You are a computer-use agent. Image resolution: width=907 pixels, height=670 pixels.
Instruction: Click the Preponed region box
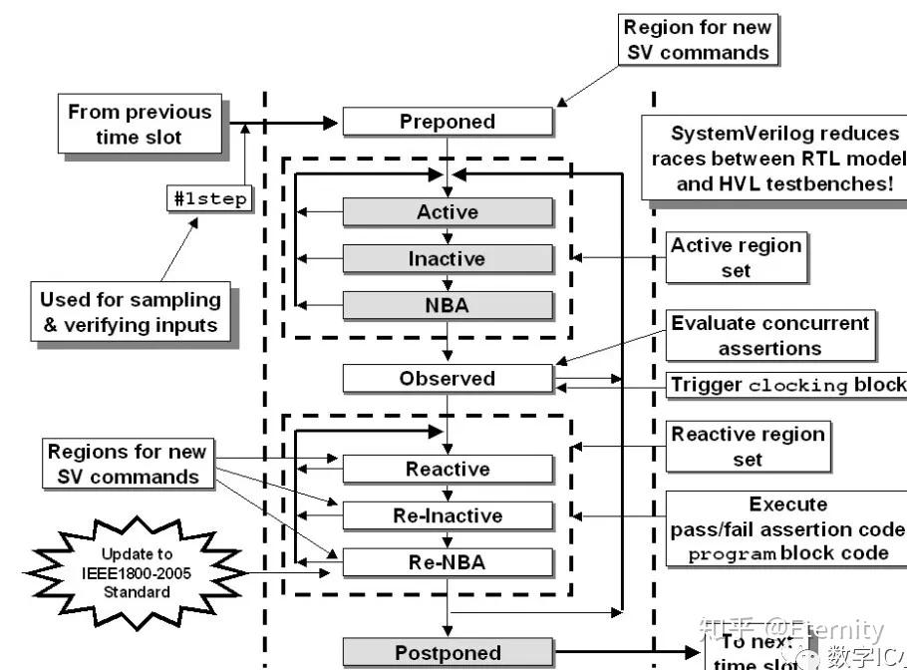[x=448, y=122]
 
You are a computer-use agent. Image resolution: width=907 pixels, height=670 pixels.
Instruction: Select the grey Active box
[x=448, y=212]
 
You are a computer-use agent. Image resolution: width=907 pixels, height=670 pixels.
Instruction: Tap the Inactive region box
[x=448, y=259]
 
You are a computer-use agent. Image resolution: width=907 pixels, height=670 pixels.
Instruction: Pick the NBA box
[x=448, y=305]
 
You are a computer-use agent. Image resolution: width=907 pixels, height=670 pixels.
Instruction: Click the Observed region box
[x=448, y=379]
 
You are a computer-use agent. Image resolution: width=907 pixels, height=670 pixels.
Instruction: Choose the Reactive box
[x=448, y=470]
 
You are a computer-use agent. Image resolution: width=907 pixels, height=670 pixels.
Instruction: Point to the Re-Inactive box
[x=448, y=516]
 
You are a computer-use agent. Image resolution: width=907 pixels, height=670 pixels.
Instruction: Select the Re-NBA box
[x=448, y=562]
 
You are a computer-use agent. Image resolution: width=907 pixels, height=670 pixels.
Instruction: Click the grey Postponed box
[x=448, y=653]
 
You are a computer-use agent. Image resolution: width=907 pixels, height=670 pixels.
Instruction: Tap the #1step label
[x=208, y=198]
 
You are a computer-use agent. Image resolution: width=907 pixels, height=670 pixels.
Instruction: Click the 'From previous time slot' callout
[x=140, y=125]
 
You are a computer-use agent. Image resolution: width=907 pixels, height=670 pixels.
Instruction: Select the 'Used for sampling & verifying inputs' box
[x=130, y=312]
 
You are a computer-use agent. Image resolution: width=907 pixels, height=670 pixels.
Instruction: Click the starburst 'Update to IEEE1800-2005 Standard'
[x=136, y=572]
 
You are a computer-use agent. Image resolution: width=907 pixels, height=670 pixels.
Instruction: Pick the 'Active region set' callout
[x=736, y=257]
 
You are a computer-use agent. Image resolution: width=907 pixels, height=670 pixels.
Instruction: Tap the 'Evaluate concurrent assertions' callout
[x=769, y=336]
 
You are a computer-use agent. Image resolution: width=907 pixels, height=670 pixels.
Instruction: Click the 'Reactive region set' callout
[x=748, y=446]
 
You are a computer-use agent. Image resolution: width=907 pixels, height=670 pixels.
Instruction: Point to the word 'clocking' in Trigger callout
[x=797, y=386]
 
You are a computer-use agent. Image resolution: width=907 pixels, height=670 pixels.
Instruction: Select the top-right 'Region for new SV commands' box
[x=697, y=40]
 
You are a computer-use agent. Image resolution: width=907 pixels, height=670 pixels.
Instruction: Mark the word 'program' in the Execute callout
[x=731, y=554]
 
